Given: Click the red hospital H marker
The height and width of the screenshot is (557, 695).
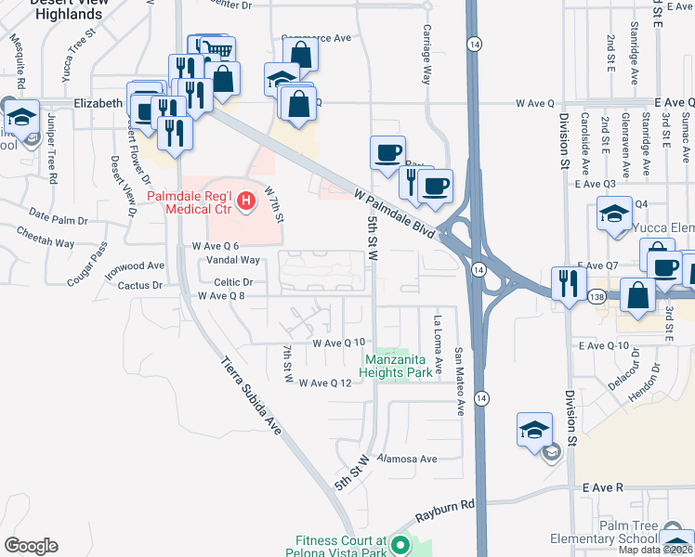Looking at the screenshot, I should tap(246, 200).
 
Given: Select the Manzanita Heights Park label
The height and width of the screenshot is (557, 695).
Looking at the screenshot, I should tap(395, 366).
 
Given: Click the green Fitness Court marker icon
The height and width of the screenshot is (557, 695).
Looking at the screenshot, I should tap(401, 545).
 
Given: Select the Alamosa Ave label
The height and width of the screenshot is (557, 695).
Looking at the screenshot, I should tap(407, 459).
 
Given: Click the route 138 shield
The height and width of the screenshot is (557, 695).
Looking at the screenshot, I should tap(597, 294).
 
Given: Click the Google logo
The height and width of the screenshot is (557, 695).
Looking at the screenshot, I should tap(31, 546).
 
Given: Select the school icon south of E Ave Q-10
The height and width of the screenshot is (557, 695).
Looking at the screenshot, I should tap(535, 429).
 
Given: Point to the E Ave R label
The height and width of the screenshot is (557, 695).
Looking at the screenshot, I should tap(603, 486).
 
